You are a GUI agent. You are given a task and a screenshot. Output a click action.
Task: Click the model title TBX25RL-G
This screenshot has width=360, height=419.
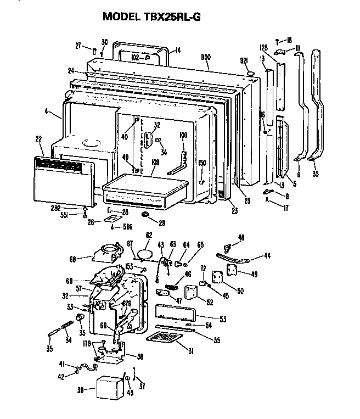tap(151, 16)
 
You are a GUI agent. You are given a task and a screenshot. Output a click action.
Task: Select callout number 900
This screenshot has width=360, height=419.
tap(205, 57)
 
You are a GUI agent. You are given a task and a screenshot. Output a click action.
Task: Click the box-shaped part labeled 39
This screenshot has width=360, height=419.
tap(109, 388)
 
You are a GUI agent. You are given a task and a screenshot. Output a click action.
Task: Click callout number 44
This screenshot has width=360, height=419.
tap(267, 256)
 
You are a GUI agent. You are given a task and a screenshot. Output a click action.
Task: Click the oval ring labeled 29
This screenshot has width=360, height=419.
tap(146, 213)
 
